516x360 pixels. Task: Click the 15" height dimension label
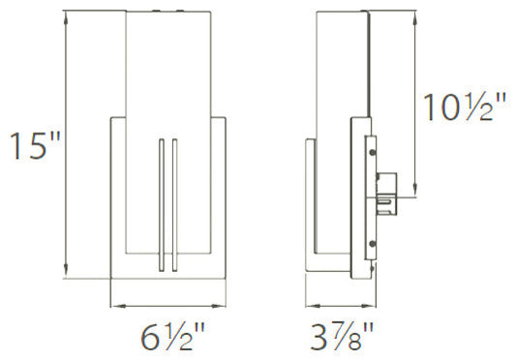[34, 146]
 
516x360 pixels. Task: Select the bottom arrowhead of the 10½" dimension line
[417, 191]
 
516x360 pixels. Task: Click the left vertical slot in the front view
[160, 203]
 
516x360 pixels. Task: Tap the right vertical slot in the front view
[173, 203]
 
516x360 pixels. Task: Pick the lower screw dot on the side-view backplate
[370, 242]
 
